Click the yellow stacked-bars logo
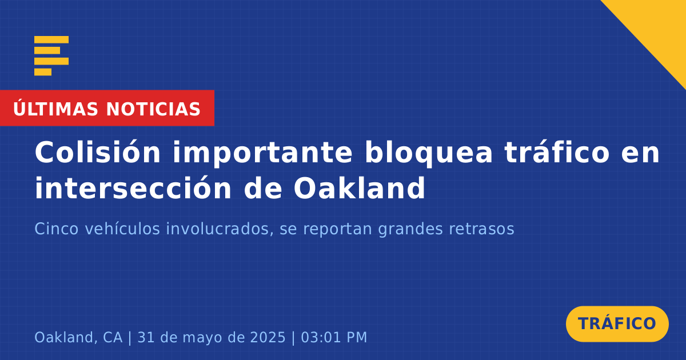coord(51,55)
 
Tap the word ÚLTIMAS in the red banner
coord(55,108)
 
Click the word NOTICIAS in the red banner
coord(153,109)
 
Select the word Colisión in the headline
coord(97,152)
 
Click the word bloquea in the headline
coord(429,154)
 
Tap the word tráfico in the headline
coord(557,152)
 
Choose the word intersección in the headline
coord(133,188)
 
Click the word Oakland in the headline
coord(360,188)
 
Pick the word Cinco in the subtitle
coord(57,229)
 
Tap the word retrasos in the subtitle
coord(481,229)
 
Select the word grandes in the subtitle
coord(410,229)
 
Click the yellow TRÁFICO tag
coord(617,323)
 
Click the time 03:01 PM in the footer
coord(334,337)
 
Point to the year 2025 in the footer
coord(268,337)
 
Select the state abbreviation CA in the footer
coord(113,337)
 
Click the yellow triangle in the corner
coord(658,27)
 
